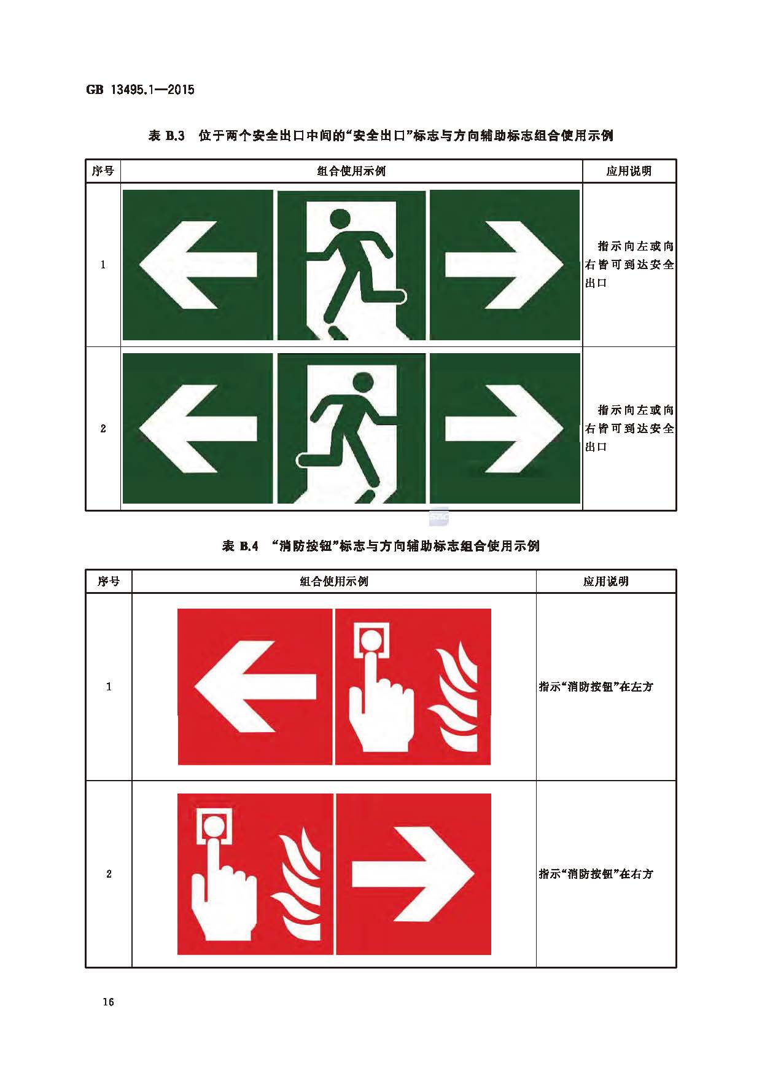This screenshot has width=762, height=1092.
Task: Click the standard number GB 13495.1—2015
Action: pyautogui.click(x=140, y=90)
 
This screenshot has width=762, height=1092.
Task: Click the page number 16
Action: pyautogui.click(x=108, y=1002)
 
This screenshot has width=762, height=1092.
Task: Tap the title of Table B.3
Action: pyautogui.click(x=381, y=136)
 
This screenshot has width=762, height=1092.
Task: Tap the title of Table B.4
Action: pyautogui.click(x=381, y=546)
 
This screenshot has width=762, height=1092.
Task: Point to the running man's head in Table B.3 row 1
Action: pyautogui.click(x=340, y=219)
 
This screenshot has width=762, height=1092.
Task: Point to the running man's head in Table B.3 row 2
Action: pyautogui.click(x=363, y=382)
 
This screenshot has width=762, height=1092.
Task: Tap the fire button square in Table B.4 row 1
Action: pyautogui.click(x=371, y=641)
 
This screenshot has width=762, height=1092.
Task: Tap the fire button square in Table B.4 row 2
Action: pyautogui.click(x=214, y=827)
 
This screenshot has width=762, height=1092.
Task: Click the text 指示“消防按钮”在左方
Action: pyautogui.click(x=596, y=687)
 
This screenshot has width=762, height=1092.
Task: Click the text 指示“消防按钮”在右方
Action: pyautogui.click(x=596, y=874)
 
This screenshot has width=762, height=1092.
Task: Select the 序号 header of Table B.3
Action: pyautogui.click(x=103, y=171)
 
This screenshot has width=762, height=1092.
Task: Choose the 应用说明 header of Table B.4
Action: pyautogui.click(x=605, y=581)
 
